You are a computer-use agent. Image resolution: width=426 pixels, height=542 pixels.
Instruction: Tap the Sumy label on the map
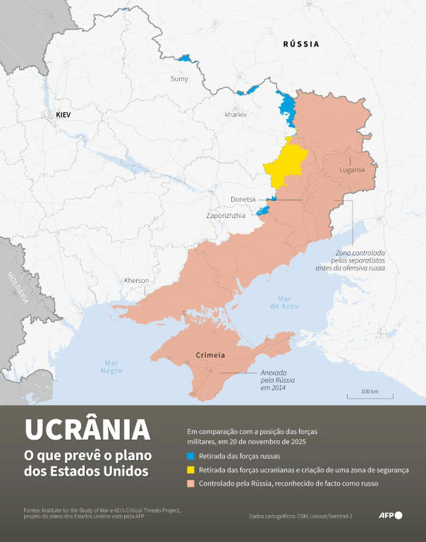coord(179,78)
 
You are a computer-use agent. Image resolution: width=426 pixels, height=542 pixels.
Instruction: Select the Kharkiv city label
coord(236,114)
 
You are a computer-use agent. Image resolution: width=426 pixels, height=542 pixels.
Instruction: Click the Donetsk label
coord(243,200)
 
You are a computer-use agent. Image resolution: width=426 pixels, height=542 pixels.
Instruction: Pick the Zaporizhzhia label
coord(226,215)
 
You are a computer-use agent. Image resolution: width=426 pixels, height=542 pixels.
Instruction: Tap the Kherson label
coord(136,280)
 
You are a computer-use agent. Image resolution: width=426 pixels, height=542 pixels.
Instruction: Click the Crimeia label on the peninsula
coord(210,354)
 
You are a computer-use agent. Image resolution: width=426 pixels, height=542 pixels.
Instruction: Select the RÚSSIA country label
coord(301,44)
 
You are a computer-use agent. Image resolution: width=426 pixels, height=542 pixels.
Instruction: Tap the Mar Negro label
coord(111,366)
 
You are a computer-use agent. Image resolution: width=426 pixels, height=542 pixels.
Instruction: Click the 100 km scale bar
coord(370,395)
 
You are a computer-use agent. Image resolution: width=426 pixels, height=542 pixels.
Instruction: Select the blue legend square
coord(191,456)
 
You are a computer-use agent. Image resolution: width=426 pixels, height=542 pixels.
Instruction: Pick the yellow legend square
coord(191,469)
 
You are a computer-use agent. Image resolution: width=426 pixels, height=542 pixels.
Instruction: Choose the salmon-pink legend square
coord(191,483)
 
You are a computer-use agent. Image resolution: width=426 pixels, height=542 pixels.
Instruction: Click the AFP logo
coord(390,515)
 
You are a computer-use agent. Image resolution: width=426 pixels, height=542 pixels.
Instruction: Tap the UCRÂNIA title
coord(87,429)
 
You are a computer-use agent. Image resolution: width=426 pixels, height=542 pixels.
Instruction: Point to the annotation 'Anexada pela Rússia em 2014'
coord(277,382)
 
